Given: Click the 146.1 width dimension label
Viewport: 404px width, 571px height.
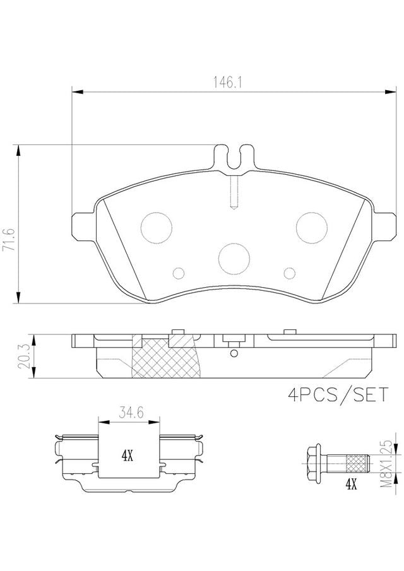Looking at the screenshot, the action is click(228, 83).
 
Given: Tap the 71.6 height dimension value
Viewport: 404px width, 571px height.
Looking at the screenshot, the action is click(9, 240).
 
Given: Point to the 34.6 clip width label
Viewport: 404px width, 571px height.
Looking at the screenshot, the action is click(130, 413).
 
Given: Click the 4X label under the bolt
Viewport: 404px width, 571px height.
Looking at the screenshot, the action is click(350, 485).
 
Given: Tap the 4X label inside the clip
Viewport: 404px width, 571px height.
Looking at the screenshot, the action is click(127, 456).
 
